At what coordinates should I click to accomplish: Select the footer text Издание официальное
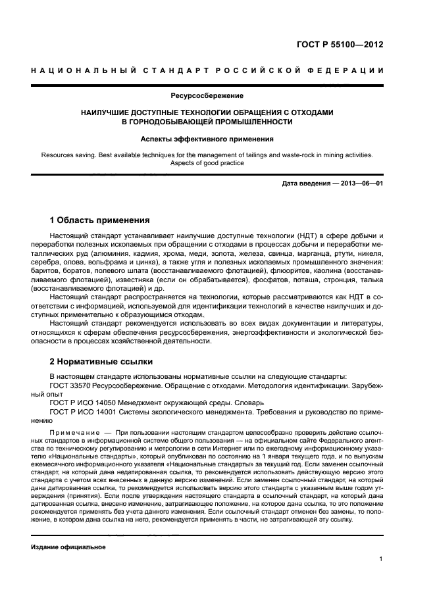pos(68,547)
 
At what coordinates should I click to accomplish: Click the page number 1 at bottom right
pos(381,560)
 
